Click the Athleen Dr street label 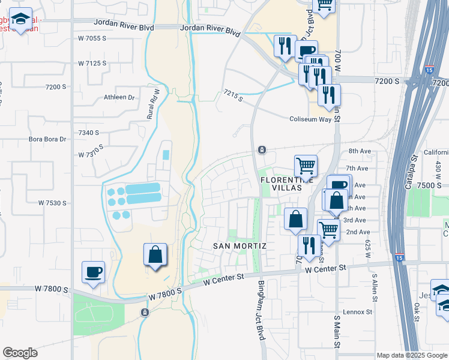click(x=119, y=97)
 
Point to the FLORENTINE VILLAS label click(x=286, y=182)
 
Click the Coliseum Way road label click(x=310, y=119)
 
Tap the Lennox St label click(x=358, y=312)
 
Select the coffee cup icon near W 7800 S click(x=93, y=272)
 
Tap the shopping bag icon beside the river click(x=155, y=254)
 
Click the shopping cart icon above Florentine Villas click(x=306, y=166)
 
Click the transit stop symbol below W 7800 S click(x=144, y=313)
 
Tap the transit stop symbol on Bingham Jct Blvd click(x=262, y=149)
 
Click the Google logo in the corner click(x=20, y=353)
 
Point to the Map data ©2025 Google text click(x=411, y=355)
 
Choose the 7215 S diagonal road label click(x=234, y=95)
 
